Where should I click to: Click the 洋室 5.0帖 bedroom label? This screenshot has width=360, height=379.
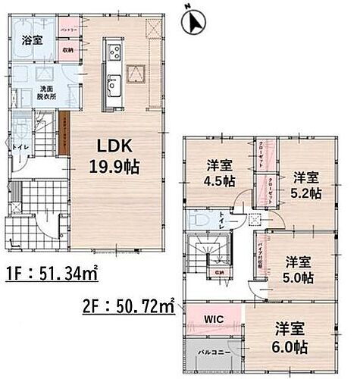(299, 271)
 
